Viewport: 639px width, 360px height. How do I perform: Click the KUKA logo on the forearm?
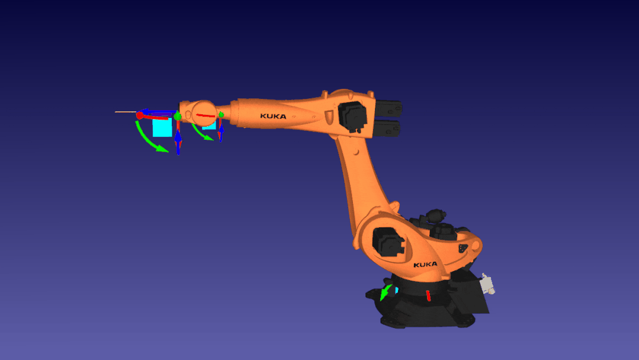point(273,116)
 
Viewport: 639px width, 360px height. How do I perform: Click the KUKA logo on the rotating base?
point(425,265)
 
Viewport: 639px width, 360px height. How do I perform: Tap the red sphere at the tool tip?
point(140,115)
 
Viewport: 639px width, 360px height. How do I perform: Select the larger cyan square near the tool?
point(162,127)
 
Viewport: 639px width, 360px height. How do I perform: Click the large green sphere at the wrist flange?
point(178,117)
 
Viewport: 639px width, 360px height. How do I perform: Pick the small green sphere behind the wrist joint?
point(221,115)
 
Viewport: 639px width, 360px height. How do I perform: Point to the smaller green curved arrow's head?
point(208,138)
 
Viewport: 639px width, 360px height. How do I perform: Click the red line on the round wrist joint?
point(205,115)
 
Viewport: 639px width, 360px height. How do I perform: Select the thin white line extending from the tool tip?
point(126,111)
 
